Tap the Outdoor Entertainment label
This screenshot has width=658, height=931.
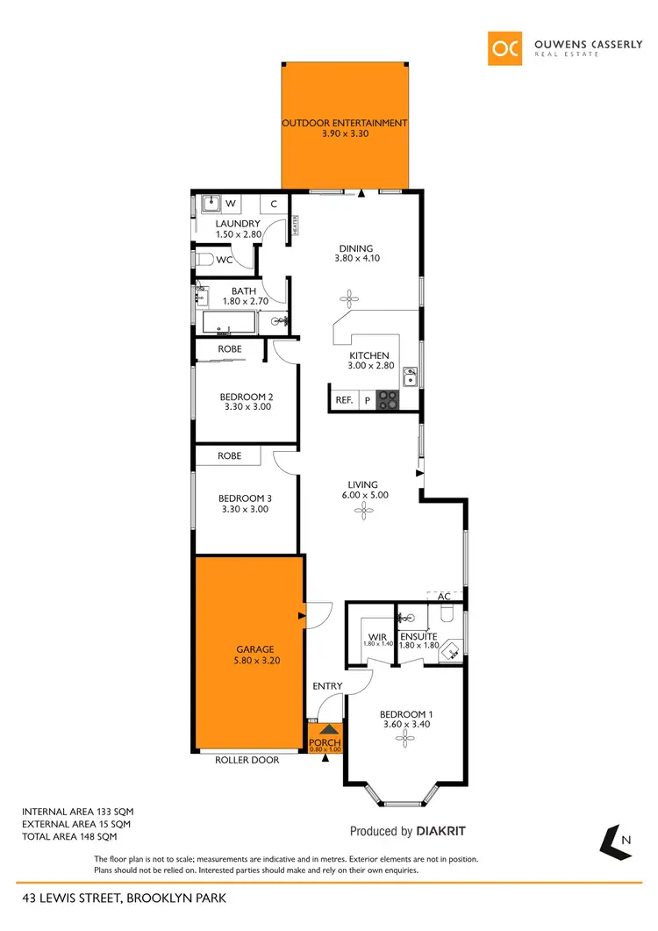coord(344,123)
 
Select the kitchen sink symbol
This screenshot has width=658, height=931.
coord(410,378)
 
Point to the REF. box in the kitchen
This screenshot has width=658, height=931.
coord(343,400)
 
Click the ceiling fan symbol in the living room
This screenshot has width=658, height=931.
coord(362,508)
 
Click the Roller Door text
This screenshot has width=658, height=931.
coord(247,760)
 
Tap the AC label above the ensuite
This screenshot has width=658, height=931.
coord(444,597)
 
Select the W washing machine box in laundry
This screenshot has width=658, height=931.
coord(232,204)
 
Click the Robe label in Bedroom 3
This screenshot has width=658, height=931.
coord(230,456)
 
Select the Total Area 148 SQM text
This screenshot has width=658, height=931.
coord(77,838)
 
